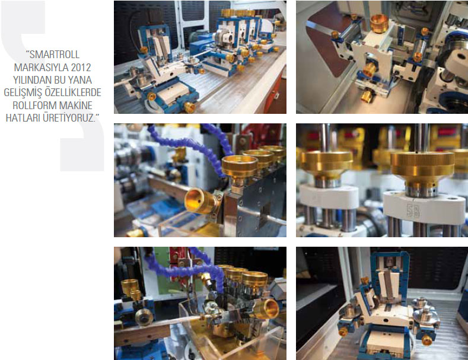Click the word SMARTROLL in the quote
[55, 55]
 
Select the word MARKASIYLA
[37, 68]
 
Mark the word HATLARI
[23, 118]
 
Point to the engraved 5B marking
[413, 211]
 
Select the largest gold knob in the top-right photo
[379, 23]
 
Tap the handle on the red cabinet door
[277, 96]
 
